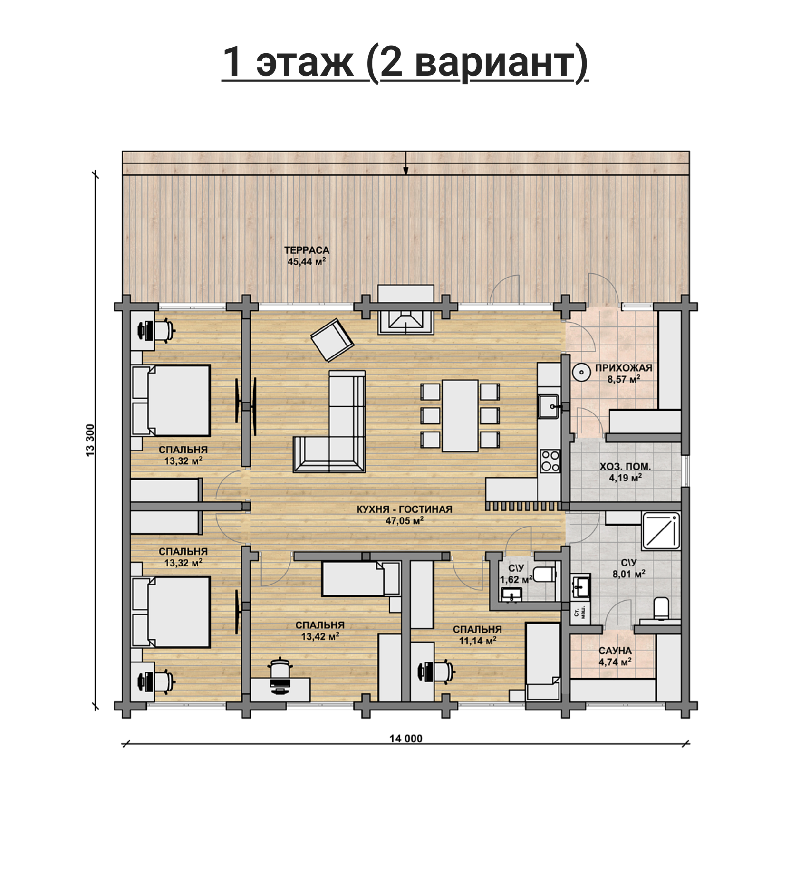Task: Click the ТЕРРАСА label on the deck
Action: [307, 250]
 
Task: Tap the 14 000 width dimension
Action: [406, 738]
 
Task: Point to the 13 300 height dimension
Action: [90, 440]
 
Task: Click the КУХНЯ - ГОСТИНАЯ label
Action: [405, 509]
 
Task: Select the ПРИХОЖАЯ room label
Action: [624, 367]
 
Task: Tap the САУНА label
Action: [615, 651]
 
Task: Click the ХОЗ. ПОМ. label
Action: [625, 467]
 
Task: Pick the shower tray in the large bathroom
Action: [661, 530]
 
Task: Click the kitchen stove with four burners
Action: [550, 461]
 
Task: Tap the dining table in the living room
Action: [460, 415]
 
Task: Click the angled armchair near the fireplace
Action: [332, 340]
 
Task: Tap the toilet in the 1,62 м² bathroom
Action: [544, 574]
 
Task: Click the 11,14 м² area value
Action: [477, 641]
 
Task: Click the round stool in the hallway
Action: [581, 373]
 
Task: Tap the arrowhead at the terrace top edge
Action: [406, 171]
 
